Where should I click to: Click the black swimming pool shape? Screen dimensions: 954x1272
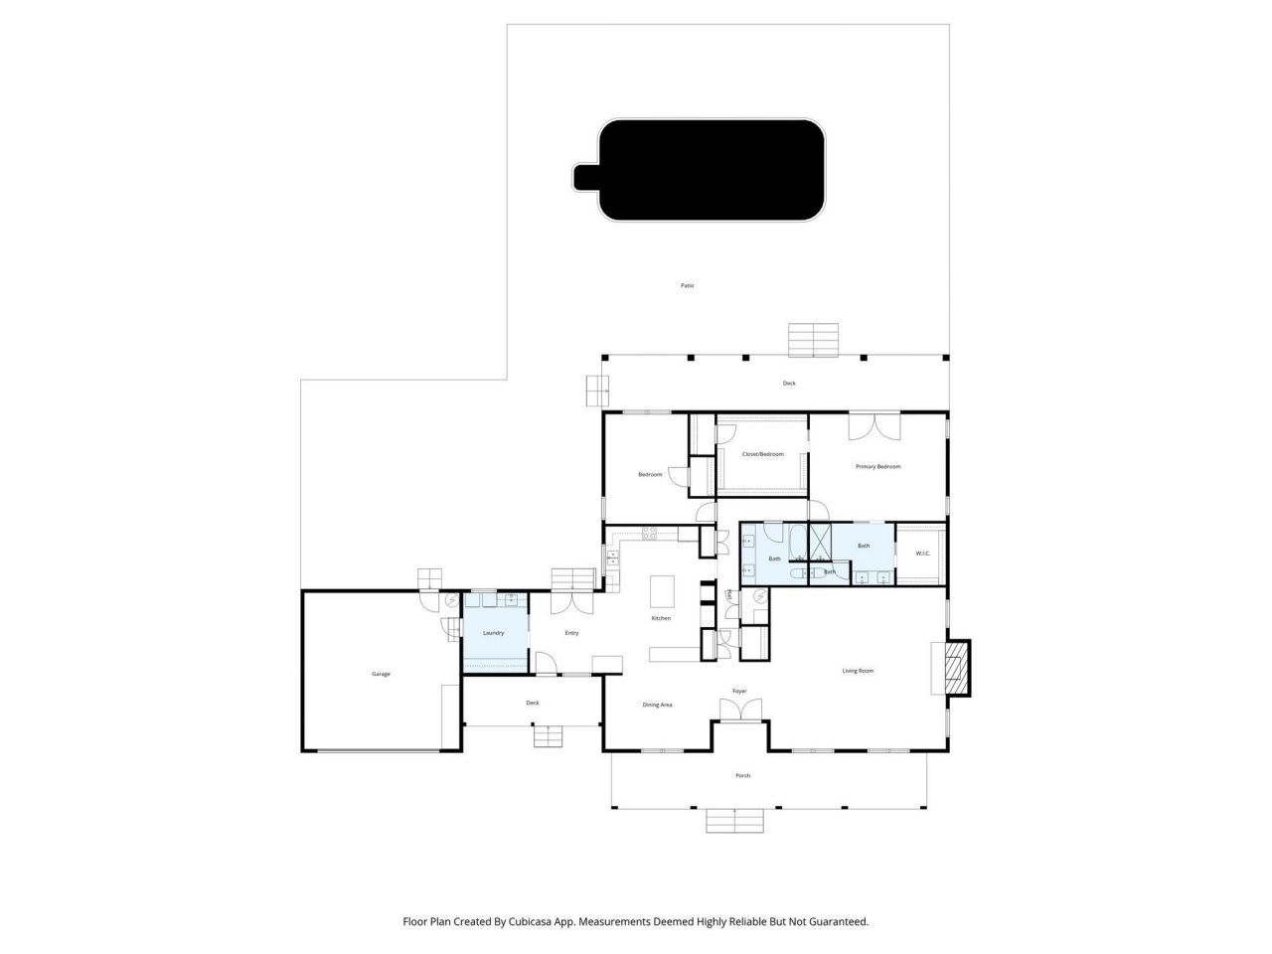(x=711, y=170)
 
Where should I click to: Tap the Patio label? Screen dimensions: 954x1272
(x=687, y=286)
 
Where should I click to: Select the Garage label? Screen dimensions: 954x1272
(x=381, y=674)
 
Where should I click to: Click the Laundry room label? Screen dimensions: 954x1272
(x=493, y=633)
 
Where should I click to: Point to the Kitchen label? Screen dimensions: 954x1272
(x=661, y=618)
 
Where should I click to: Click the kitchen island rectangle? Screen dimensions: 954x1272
(x=662, y=591)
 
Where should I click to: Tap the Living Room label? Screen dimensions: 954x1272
(x=858, y=671)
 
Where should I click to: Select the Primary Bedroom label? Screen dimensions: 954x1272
(x=878, y=466)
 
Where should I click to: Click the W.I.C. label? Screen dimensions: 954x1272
(x=921, y=554)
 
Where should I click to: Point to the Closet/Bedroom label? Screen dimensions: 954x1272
(x=762, y=454)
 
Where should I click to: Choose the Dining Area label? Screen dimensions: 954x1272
(x=657, y=705)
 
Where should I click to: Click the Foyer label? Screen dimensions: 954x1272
(x=739, y=691)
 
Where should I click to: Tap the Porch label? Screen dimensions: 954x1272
(x=742, y=775)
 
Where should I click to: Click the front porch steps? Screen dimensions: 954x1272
(x=735, y=821)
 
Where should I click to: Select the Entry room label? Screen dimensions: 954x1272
(x=571, y=633)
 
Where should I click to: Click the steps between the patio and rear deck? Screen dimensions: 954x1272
(x=815, y=340)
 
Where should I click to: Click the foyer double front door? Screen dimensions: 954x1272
(x=740, y=710)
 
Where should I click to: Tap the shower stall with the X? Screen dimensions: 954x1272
(x=820, y=542)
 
